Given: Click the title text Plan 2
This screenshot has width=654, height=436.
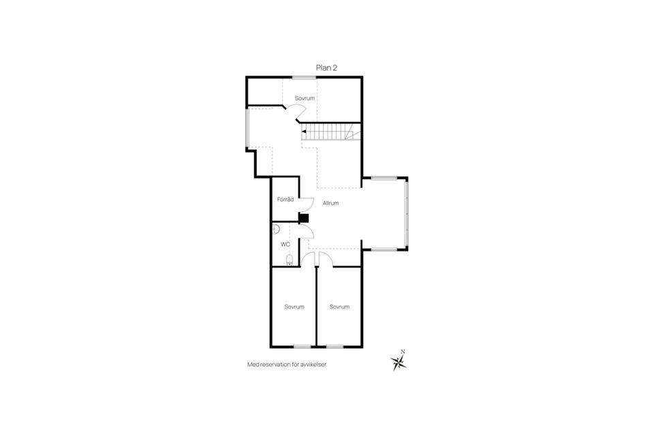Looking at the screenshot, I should click(326, 67).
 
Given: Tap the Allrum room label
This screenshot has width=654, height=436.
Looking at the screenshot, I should click(330, 203).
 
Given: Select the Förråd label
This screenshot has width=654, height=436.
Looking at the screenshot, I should click(285, 200).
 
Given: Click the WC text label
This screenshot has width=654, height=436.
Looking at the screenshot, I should click(285, 243).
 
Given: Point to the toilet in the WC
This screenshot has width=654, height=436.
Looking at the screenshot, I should click(290, 259).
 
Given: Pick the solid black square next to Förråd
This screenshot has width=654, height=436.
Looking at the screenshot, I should click(304, 219).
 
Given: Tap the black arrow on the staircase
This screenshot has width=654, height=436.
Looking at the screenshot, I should click(304, 131).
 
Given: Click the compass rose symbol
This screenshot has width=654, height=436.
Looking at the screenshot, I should click(399, 363).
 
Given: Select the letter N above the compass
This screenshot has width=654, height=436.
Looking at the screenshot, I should click(403, 352).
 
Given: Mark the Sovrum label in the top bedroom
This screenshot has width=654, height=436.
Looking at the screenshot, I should click(305, 98).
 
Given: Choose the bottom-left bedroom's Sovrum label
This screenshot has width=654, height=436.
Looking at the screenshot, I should click(294, 307).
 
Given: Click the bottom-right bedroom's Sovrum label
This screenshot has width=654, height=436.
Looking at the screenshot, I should click(339, 307).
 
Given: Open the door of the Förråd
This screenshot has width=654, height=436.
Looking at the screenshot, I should click(307, 203).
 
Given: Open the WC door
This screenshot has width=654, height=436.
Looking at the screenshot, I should click(306, 232).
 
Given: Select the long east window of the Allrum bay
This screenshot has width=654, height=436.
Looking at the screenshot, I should click(407, 213).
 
